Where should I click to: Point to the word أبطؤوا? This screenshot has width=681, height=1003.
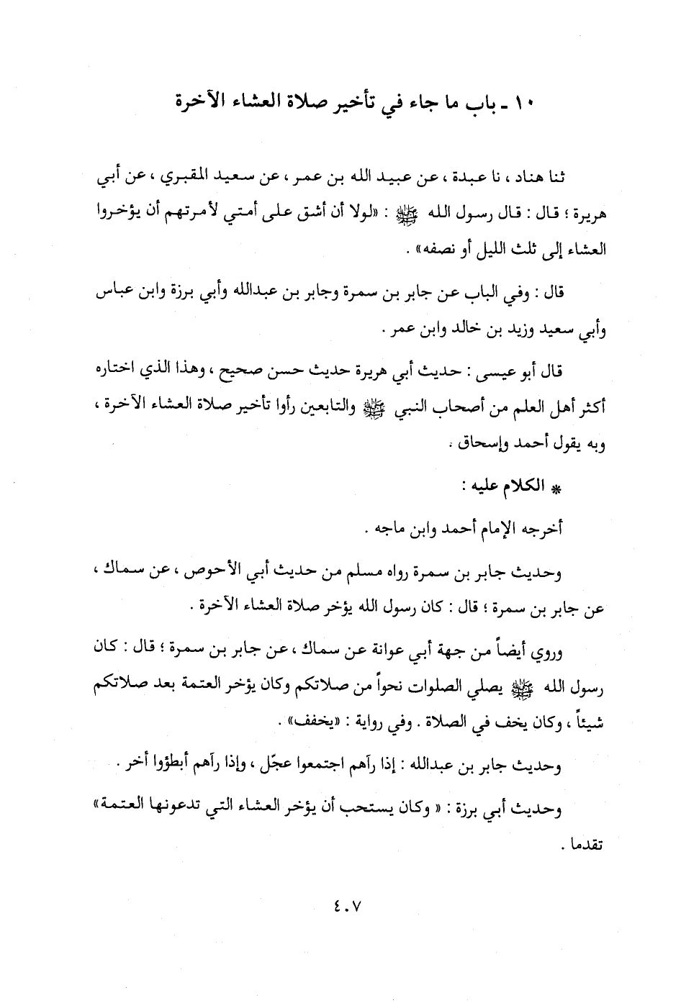coord(165,765)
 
